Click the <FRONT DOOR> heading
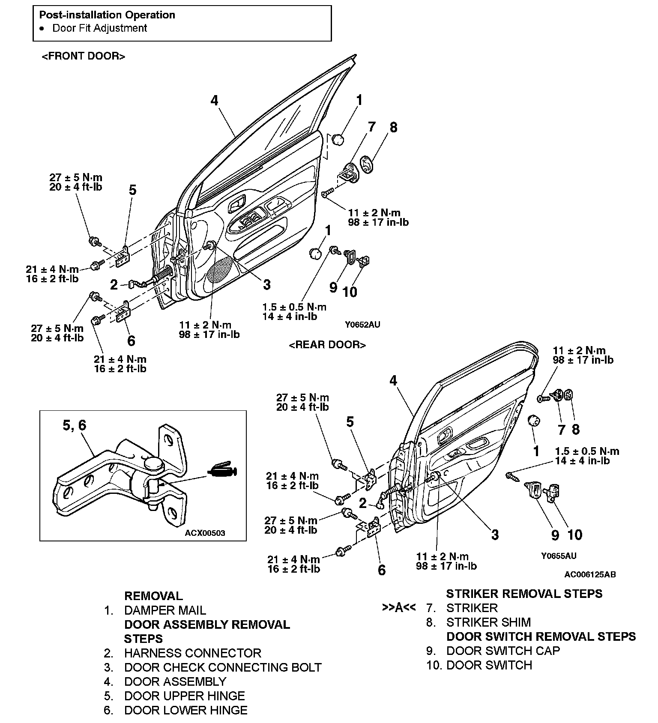[83, 56]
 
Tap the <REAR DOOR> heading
[327, 345]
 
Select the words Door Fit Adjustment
[99, 28]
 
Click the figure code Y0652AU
[362, 325]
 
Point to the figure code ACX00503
[205, 533]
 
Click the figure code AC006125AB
[590, 574]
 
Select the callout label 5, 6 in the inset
[74, 425]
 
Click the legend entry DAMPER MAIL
[165, 610]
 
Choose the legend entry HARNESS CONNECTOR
[192, 653]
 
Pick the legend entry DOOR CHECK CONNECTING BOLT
[223, 667]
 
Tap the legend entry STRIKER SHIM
[488, 622]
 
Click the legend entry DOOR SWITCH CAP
[503, 651]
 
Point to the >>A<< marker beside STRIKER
[399, 608]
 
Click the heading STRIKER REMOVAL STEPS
[524, 594]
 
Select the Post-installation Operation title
[107, 15]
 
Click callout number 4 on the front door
[214, 100]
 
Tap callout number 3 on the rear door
[495, 535]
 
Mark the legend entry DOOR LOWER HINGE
[185, 710]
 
